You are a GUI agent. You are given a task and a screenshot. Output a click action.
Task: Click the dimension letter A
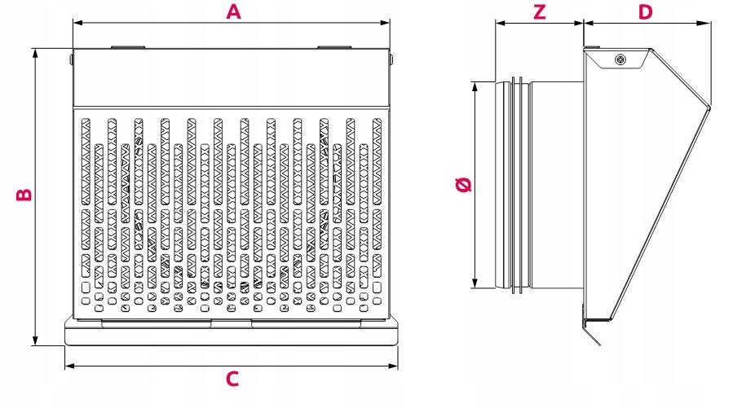click(233, 11)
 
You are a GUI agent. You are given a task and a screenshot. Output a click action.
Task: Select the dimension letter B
click(24, 194)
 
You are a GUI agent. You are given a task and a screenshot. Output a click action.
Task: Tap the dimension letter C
click(232, 379)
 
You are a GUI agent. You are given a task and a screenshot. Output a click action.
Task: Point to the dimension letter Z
click(540, 11)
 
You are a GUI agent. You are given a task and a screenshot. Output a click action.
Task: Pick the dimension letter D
click(645, 11)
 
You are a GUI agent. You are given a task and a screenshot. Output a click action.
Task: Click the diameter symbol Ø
click(463, 184)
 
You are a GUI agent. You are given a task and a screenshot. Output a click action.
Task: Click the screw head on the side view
click(620, 59)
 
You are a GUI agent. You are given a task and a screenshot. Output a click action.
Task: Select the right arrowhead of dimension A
click(385, 23)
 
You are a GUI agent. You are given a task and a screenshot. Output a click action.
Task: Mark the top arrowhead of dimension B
click(35, 53)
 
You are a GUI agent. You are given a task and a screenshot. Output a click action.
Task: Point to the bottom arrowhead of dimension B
click(35, 340)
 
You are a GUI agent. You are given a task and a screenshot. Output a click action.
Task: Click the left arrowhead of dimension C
click(69, 366)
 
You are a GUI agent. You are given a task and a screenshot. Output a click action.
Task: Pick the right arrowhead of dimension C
click(393, 366)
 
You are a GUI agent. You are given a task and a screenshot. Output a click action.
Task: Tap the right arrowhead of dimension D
click(706, 23)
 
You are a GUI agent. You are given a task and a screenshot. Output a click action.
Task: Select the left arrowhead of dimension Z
click(500, 23)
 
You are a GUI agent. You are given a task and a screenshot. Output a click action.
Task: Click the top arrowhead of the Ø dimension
click(475, 87)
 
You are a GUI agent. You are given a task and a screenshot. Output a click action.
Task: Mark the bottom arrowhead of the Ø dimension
click(475, 283)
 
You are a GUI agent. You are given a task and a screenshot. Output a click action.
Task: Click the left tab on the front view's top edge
click(128, 47)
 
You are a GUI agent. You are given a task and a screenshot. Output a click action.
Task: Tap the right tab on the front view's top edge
click(334, 47)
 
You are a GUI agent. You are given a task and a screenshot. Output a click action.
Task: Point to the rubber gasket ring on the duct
click(517, 186)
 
